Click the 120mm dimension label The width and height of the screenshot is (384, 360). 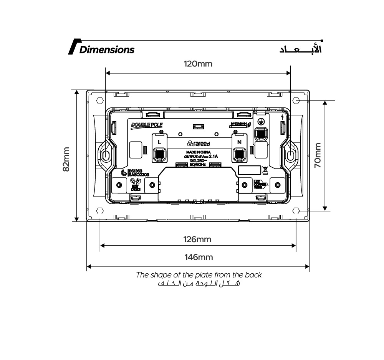coord(198,64)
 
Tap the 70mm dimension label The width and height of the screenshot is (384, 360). coord(318,155)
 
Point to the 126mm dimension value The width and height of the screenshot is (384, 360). coord(198,239)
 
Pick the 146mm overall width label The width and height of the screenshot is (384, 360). coord(199,257)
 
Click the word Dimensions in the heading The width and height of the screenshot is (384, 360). coord(107,50)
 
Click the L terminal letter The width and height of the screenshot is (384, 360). coord(159,142)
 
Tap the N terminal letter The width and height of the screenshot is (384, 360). coord(240,142)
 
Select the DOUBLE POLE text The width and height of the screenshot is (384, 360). coord(146,125)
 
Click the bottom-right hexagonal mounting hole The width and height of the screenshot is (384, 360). coord(296,211)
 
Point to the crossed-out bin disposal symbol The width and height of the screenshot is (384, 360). coord(265,169)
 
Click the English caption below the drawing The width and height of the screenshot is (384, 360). coord(199,275)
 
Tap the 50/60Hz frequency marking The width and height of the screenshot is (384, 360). coord(198,165)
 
